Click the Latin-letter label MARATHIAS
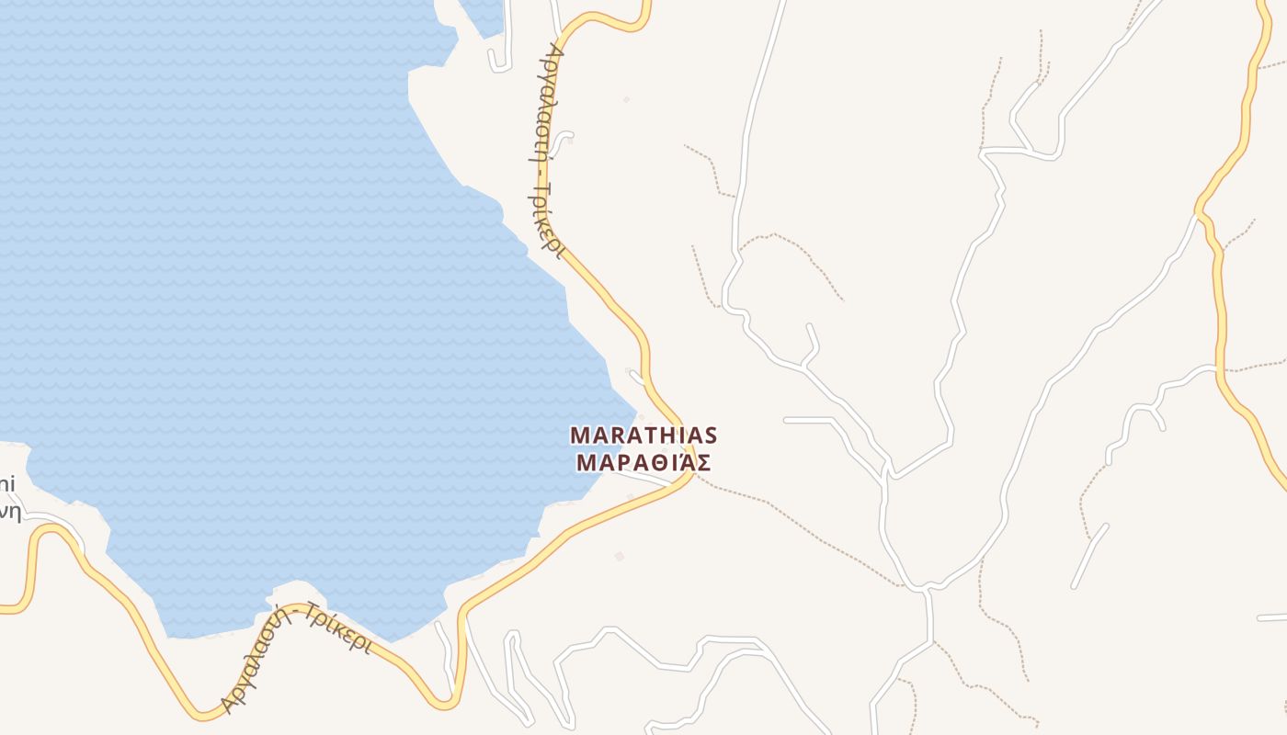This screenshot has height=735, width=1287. [x=643, y=435]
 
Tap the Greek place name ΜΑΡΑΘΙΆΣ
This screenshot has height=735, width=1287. [x=643, y=461]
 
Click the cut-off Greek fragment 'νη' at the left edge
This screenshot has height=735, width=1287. [x=9, y=512]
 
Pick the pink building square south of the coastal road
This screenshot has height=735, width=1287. [x=620, y=556]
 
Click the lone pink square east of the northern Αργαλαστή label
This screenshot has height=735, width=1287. [x=627, y=99]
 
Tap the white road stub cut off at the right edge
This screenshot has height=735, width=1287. [x=1272, y=616]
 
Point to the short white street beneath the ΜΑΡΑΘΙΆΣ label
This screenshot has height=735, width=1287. [x=648, y=478]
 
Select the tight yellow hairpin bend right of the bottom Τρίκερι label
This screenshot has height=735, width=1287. [x=448, y=703]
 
